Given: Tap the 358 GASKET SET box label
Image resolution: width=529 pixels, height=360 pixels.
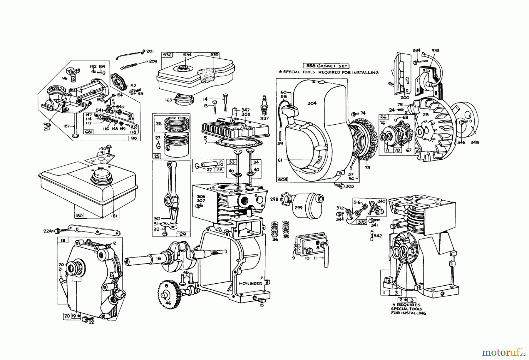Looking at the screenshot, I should [x=326, y=66].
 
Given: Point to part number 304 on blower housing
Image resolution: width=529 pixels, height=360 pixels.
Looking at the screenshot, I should [x=312, y=103].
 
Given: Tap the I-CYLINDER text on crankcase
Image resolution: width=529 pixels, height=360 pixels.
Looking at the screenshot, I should [x=250, y=284].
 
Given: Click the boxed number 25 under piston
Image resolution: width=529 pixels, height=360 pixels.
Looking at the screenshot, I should [x=157, y=156].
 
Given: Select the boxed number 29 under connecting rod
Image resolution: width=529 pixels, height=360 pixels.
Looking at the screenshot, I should [x=182, y=234].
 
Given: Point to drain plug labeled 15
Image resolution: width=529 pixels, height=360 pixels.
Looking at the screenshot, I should [x=261, y=299].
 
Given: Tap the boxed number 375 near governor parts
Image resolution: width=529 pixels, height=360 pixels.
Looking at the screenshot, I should [x=361, y=222].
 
